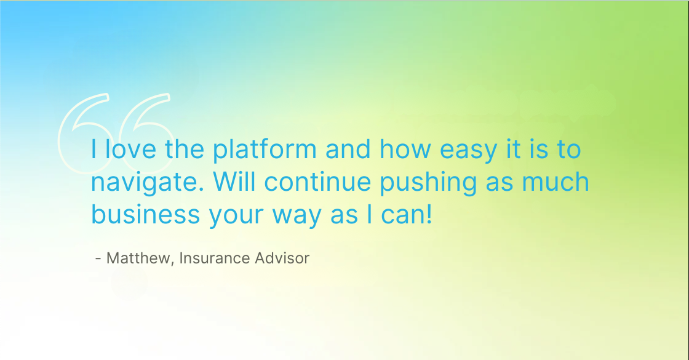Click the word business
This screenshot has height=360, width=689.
[145, 214]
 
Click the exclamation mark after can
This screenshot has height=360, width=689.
[429, 214]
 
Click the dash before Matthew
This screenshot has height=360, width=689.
[98, 259]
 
